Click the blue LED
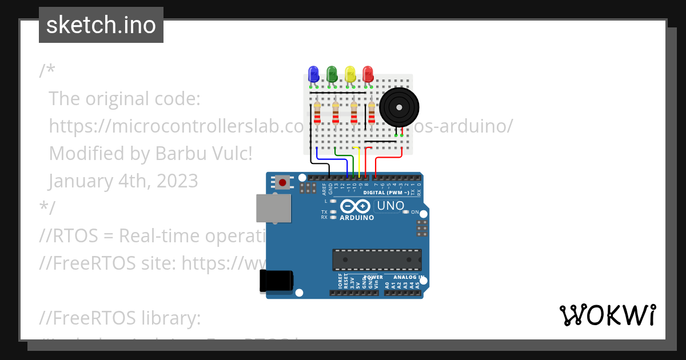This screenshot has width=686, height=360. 313,74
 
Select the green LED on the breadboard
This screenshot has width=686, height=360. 332,74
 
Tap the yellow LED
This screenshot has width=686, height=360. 350,74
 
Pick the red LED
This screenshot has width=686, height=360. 368,74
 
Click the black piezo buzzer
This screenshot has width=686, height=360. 398,107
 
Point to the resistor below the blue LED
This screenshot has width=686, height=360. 318,113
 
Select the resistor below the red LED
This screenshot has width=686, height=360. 372,113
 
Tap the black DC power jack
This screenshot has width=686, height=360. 277,281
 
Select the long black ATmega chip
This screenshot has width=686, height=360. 377,259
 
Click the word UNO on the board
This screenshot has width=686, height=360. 391,206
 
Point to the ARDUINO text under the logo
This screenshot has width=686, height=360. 357,218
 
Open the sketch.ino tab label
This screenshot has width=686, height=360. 101,25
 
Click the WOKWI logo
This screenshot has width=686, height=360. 607,315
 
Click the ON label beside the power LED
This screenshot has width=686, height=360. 415,212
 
